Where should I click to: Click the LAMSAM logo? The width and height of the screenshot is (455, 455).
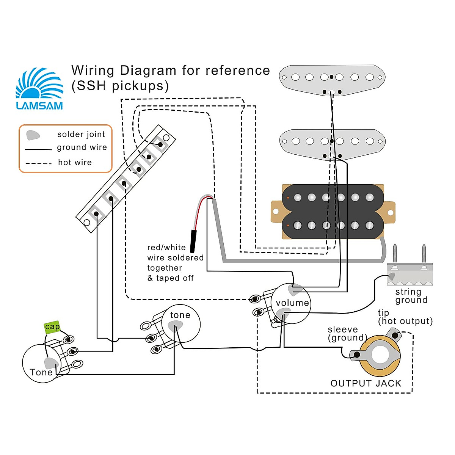tap(39, 89)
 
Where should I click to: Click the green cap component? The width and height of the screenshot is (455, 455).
tap(52, 327)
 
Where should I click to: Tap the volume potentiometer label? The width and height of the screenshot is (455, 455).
tap(292, 303)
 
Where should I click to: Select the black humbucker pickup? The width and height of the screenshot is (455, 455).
tap(333, 212)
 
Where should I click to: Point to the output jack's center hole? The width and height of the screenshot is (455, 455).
tap(380, 355)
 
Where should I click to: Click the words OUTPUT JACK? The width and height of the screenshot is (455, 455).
tap(366, 383)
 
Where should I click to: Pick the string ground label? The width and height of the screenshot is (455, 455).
tap(411, 296)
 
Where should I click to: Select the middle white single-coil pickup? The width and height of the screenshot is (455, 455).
tap(332, 142)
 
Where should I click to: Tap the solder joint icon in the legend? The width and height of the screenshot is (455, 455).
tap(33, 135)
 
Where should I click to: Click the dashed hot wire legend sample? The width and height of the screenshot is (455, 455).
tap(38, 163)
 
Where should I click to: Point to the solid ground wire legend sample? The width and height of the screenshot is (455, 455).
tap(38, 149)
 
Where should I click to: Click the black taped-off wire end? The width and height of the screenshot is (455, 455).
tap(193, 241)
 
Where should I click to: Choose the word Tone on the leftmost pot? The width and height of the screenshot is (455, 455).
tap(41, 372)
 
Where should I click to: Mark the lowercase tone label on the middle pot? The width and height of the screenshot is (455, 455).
tap(180, 315)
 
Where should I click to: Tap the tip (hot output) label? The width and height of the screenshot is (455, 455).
tap(405, 317)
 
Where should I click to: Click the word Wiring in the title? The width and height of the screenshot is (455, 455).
tap(93, 71)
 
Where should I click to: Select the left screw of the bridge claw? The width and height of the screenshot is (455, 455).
tap(395, 255)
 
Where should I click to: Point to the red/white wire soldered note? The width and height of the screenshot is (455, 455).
tap(175, 262)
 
